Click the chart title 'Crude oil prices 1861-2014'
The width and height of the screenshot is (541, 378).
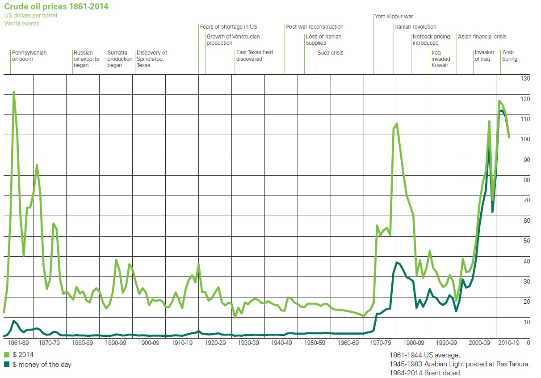pos(56,6)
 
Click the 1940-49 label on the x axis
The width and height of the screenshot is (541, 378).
pos(281,343)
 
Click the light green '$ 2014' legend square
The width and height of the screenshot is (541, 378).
pos(7,354)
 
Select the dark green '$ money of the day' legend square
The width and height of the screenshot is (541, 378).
pos(7,365)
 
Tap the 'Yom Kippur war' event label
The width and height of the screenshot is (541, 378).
pos(394,17)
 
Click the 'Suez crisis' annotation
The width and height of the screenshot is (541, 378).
pos(330,53)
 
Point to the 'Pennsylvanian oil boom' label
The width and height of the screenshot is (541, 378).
pos(29,55)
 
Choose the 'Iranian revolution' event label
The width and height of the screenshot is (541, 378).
pos(415,27)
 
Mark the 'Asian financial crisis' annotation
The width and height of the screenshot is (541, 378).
pos(482,37)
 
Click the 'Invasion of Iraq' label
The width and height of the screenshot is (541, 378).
pos(484,55)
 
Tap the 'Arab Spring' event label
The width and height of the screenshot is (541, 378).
pos(510,55)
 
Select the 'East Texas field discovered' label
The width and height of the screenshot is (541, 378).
pos(254,55)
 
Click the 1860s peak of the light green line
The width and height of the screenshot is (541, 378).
pos(13,92)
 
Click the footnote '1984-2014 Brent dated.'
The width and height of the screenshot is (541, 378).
pos(425,373)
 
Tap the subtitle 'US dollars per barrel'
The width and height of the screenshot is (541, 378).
pos(30,16)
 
